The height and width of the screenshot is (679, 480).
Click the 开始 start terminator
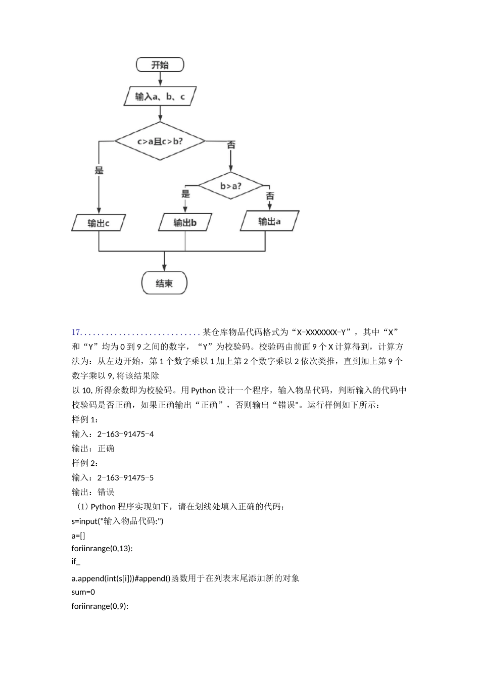coord(160,65)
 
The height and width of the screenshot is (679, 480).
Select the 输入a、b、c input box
coord(160,96)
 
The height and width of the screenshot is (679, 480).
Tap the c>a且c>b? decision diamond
coord(160,141)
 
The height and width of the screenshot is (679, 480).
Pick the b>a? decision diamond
coord(231,186)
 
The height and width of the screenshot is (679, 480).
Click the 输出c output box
coord(99,223)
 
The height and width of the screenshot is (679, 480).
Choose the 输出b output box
coord(185,222)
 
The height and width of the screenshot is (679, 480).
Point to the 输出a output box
coord(269,221)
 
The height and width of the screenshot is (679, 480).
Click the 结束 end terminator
coord(164,283)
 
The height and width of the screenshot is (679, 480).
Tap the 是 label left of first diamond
coord(99,170)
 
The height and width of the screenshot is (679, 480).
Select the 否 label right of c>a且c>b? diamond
coord(231,145)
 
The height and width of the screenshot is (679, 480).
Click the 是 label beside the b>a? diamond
coord(185,194)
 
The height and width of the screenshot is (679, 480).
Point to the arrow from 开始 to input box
coord(160,79)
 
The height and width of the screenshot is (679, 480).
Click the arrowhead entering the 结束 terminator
coord(164,268)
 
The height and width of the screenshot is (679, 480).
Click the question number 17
coord(76,332)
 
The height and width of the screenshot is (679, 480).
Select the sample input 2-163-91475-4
coord(125,434)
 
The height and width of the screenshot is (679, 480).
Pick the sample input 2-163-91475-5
coord(125,477)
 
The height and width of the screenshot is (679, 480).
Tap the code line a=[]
coord(78,536)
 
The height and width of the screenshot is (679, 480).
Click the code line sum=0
coord(83,592)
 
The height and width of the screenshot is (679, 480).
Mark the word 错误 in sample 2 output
coord(106,492)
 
